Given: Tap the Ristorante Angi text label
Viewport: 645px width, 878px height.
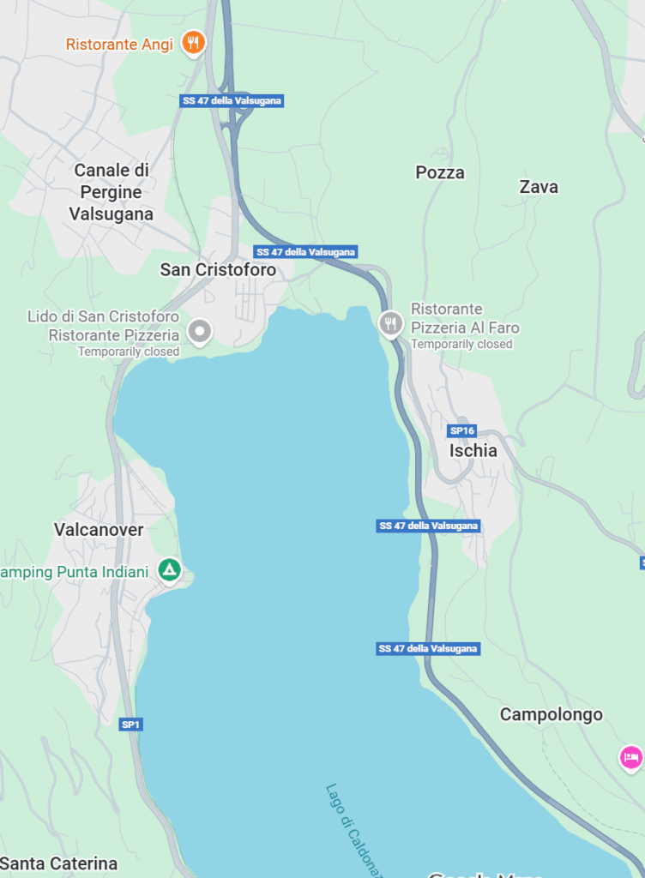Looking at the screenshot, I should (120, 44).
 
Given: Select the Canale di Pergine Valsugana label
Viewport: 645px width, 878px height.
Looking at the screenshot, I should (112, 192).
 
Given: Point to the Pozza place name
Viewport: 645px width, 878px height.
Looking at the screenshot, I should (440, 172).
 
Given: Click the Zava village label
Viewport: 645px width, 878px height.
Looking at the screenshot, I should (539, 186).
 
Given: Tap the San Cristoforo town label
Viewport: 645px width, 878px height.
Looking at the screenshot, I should (218, 269).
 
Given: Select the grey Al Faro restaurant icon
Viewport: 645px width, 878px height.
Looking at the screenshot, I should (390, 323).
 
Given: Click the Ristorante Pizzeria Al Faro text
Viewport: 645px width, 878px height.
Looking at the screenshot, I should (464, 318).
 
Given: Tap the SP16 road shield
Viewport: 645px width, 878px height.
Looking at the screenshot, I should (461, 430).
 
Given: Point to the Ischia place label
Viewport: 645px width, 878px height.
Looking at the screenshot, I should (473, 450).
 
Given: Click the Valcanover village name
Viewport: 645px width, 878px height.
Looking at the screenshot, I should (99, 530).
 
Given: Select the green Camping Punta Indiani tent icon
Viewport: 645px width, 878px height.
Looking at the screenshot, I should (170, 568).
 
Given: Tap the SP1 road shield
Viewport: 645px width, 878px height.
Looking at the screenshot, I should (130, 725).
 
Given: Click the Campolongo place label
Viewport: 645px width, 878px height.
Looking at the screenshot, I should (552, 714).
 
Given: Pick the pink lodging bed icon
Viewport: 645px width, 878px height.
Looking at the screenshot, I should (631, 757).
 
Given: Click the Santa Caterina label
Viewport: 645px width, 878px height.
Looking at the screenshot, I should (59, 863).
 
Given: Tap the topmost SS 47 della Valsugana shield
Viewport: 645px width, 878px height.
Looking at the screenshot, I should (232, 100).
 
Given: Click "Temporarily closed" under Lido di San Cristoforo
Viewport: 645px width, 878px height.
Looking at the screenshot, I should (129, 352).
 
